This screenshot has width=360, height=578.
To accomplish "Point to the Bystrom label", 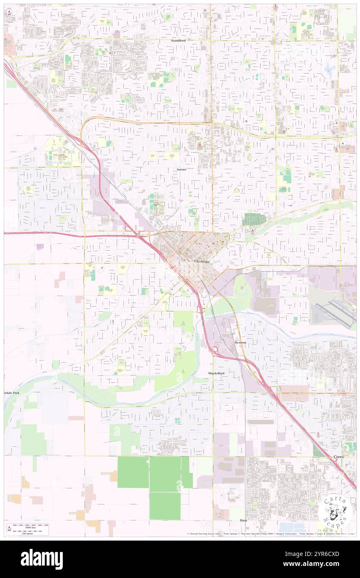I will tap(240, 342).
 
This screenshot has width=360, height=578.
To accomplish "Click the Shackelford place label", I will tap(216, 373).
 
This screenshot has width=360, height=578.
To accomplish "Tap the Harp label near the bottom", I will tap(243, 520).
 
